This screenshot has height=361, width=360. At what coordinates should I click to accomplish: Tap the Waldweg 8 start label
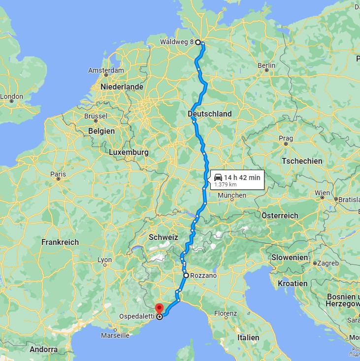click(x=177, y=42)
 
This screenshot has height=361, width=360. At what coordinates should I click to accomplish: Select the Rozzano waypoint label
click(x=203, y=276)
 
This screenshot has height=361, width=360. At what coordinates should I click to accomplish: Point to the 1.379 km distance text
click(x=226, y=184)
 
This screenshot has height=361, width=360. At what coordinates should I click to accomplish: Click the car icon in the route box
click(x=218, y=177)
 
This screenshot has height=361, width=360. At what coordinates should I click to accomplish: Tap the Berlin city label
click(x=266, y=65)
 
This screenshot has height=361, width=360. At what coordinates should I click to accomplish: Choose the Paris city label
click(x=58, y=174)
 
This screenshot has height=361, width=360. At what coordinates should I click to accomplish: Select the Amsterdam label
click(x=106, y=70)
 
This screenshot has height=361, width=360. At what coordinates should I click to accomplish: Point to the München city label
click(x=231, y=195)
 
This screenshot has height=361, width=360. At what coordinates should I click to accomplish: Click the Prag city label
click(x=286, y=139)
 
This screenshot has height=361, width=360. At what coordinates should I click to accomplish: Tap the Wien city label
click(x=323, y=192)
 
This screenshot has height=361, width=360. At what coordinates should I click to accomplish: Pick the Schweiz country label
click(x=163, y=237)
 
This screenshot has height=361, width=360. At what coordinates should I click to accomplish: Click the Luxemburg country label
click(x=129, y=152)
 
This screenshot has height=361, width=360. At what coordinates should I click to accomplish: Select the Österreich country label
click(x=280, y=215)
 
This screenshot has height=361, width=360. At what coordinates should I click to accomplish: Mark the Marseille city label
click(x=114, y=335)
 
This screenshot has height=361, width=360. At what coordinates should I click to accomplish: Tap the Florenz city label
click(x=226, y=313)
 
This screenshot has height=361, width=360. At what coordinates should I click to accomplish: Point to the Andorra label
click(x=43, y=350)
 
